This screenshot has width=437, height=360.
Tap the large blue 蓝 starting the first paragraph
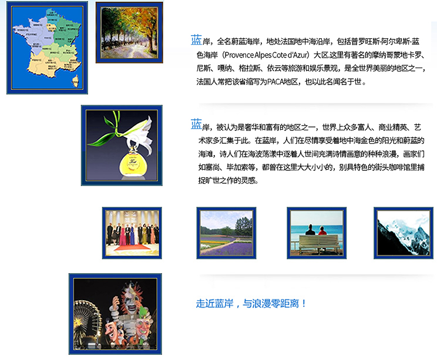pyautogui.click(x=196, y=40)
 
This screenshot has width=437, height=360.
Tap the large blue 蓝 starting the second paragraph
pyautogui.click(x=196, y=125)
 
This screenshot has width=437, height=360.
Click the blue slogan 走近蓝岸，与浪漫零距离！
pyautogui.click(x=251, y=304)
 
